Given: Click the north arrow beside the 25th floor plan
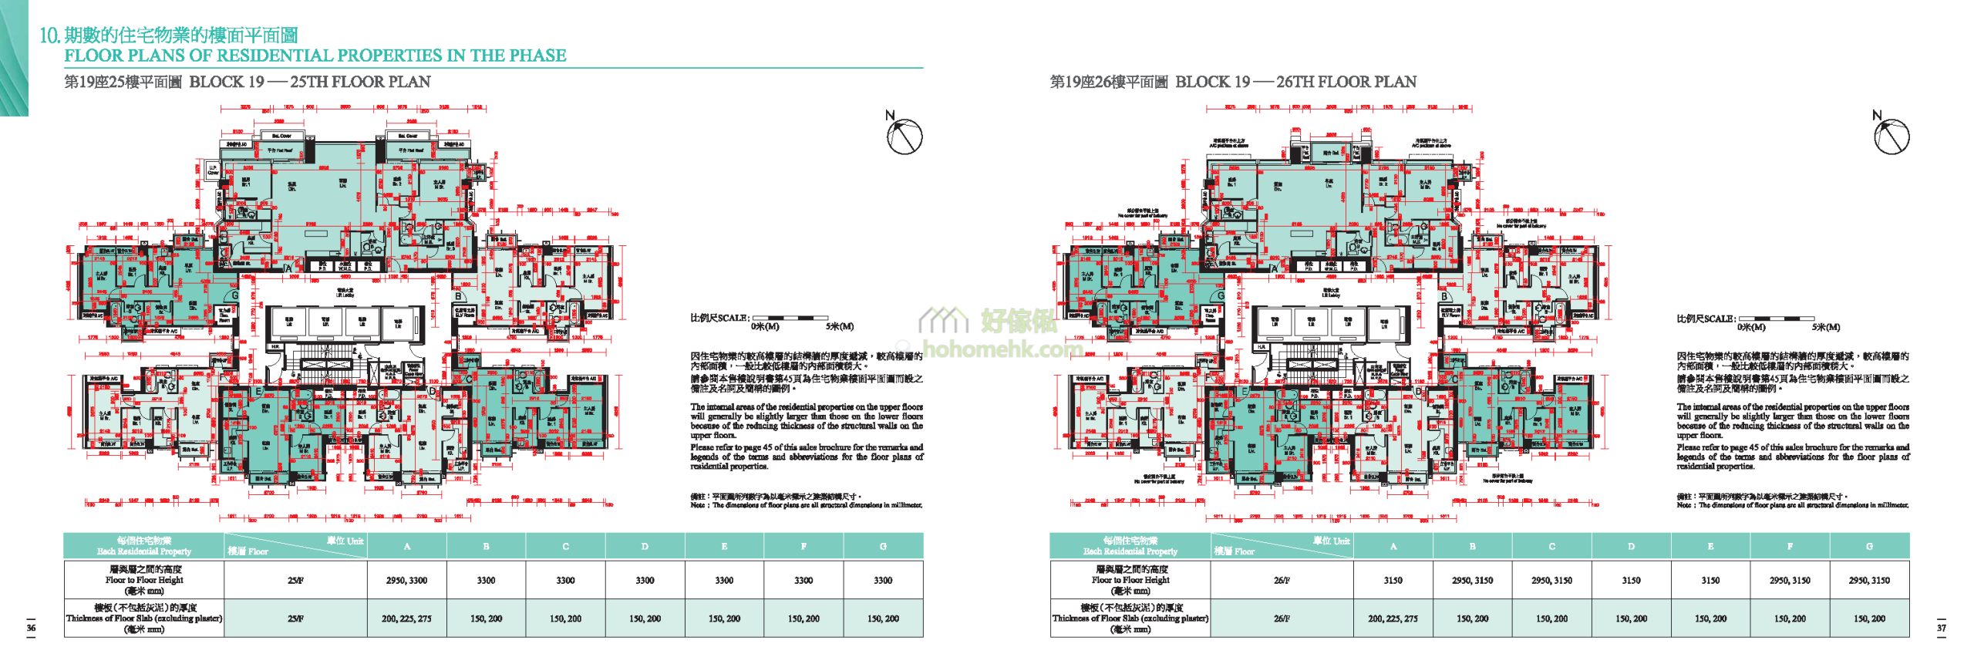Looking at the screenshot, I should coord(904,137).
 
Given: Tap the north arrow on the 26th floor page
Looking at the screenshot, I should coord(1891,137).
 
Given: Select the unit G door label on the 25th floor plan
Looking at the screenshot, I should coord(234,295).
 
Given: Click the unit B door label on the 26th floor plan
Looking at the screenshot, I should coord(1444,296).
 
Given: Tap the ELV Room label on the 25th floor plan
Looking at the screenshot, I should coord(464,312).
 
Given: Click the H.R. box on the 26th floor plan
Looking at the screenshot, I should coord(1262,347).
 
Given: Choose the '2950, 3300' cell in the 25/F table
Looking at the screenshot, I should coord(406,580).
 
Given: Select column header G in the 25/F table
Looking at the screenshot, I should coord(883,546).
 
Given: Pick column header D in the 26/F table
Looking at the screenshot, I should coord(1631,546).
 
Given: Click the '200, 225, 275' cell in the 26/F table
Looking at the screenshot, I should coord(1393,618).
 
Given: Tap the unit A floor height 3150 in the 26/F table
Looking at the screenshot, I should coord(1393,580).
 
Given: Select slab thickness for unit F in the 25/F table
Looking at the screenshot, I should coord(803,618).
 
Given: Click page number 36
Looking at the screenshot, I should coord(31,628).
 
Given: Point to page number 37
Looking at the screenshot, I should coord(1942,628).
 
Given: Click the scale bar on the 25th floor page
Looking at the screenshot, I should coord(790,318).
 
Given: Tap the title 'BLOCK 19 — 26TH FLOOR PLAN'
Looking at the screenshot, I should coord(1295,82).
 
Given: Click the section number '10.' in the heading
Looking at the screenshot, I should coord(49,35).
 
